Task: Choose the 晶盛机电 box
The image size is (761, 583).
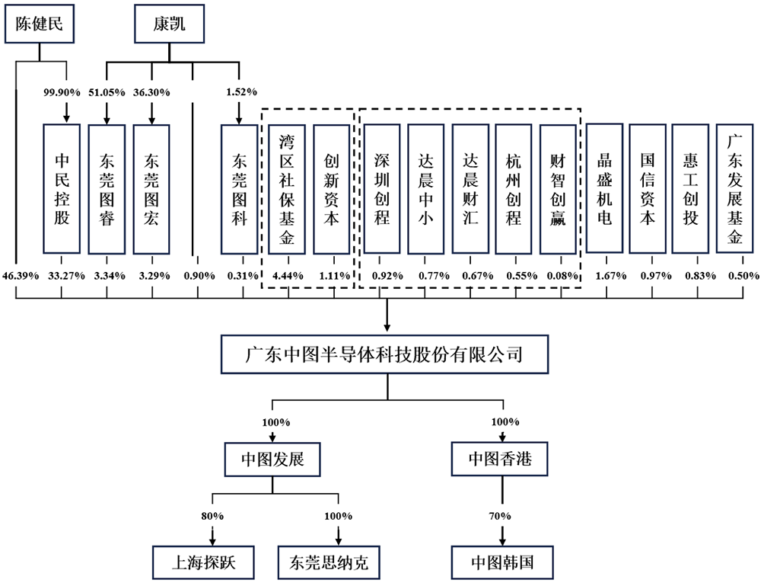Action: [x=604, y=187]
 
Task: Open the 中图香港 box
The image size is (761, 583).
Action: [x=501, y=460]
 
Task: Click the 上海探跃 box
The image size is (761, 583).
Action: [x=202, y=562]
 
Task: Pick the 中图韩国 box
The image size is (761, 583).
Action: [x=501, y=562]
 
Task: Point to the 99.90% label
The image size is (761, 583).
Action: [x=62, y=92]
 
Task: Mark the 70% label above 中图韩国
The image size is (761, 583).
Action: [x=501, y=515]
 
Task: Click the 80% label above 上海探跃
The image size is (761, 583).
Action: [x=212, y=515]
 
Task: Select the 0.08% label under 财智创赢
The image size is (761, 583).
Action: [x=560, y=275]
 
